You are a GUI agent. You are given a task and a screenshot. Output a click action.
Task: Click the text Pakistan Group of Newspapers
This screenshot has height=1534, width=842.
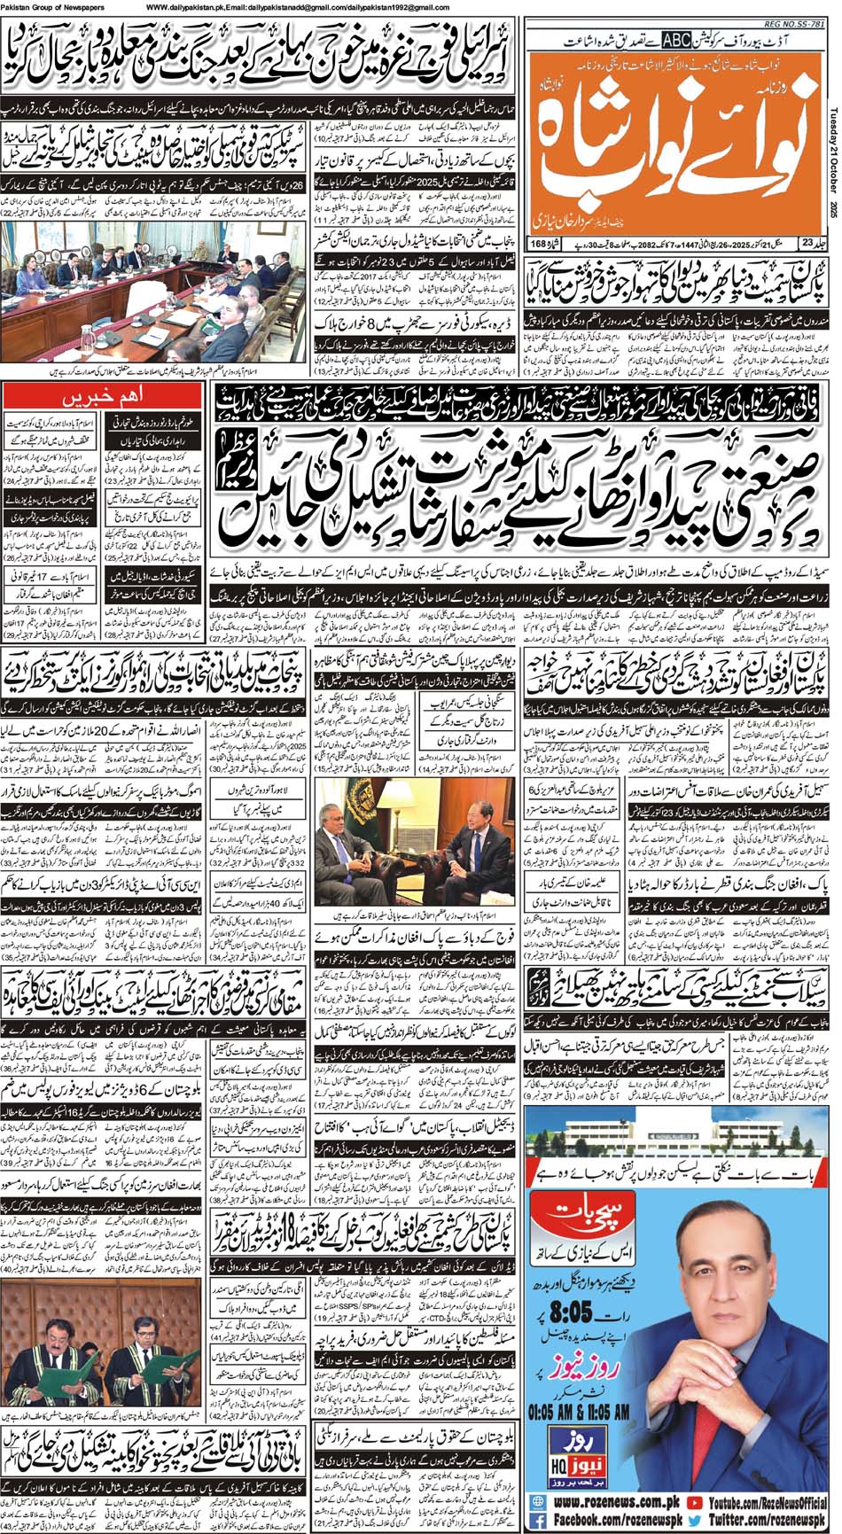point(52,7)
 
